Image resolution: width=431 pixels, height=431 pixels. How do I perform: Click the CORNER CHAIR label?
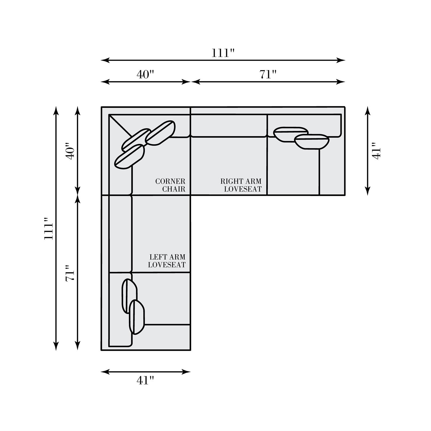point(170,185)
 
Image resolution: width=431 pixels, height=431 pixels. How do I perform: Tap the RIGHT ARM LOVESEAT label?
point(241,185)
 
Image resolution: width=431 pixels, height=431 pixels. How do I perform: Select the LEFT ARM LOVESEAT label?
point(167,261)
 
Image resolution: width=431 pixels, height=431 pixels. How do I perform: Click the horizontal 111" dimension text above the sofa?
point(223,53)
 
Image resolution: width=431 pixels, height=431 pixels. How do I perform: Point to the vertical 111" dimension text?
point(49,228)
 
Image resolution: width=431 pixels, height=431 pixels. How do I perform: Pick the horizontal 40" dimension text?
point(145,74)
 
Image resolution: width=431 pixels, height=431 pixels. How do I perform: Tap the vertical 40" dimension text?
point(70,151)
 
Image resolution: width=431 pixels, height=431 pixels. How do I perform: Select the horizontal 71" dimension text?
point(268,74)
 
